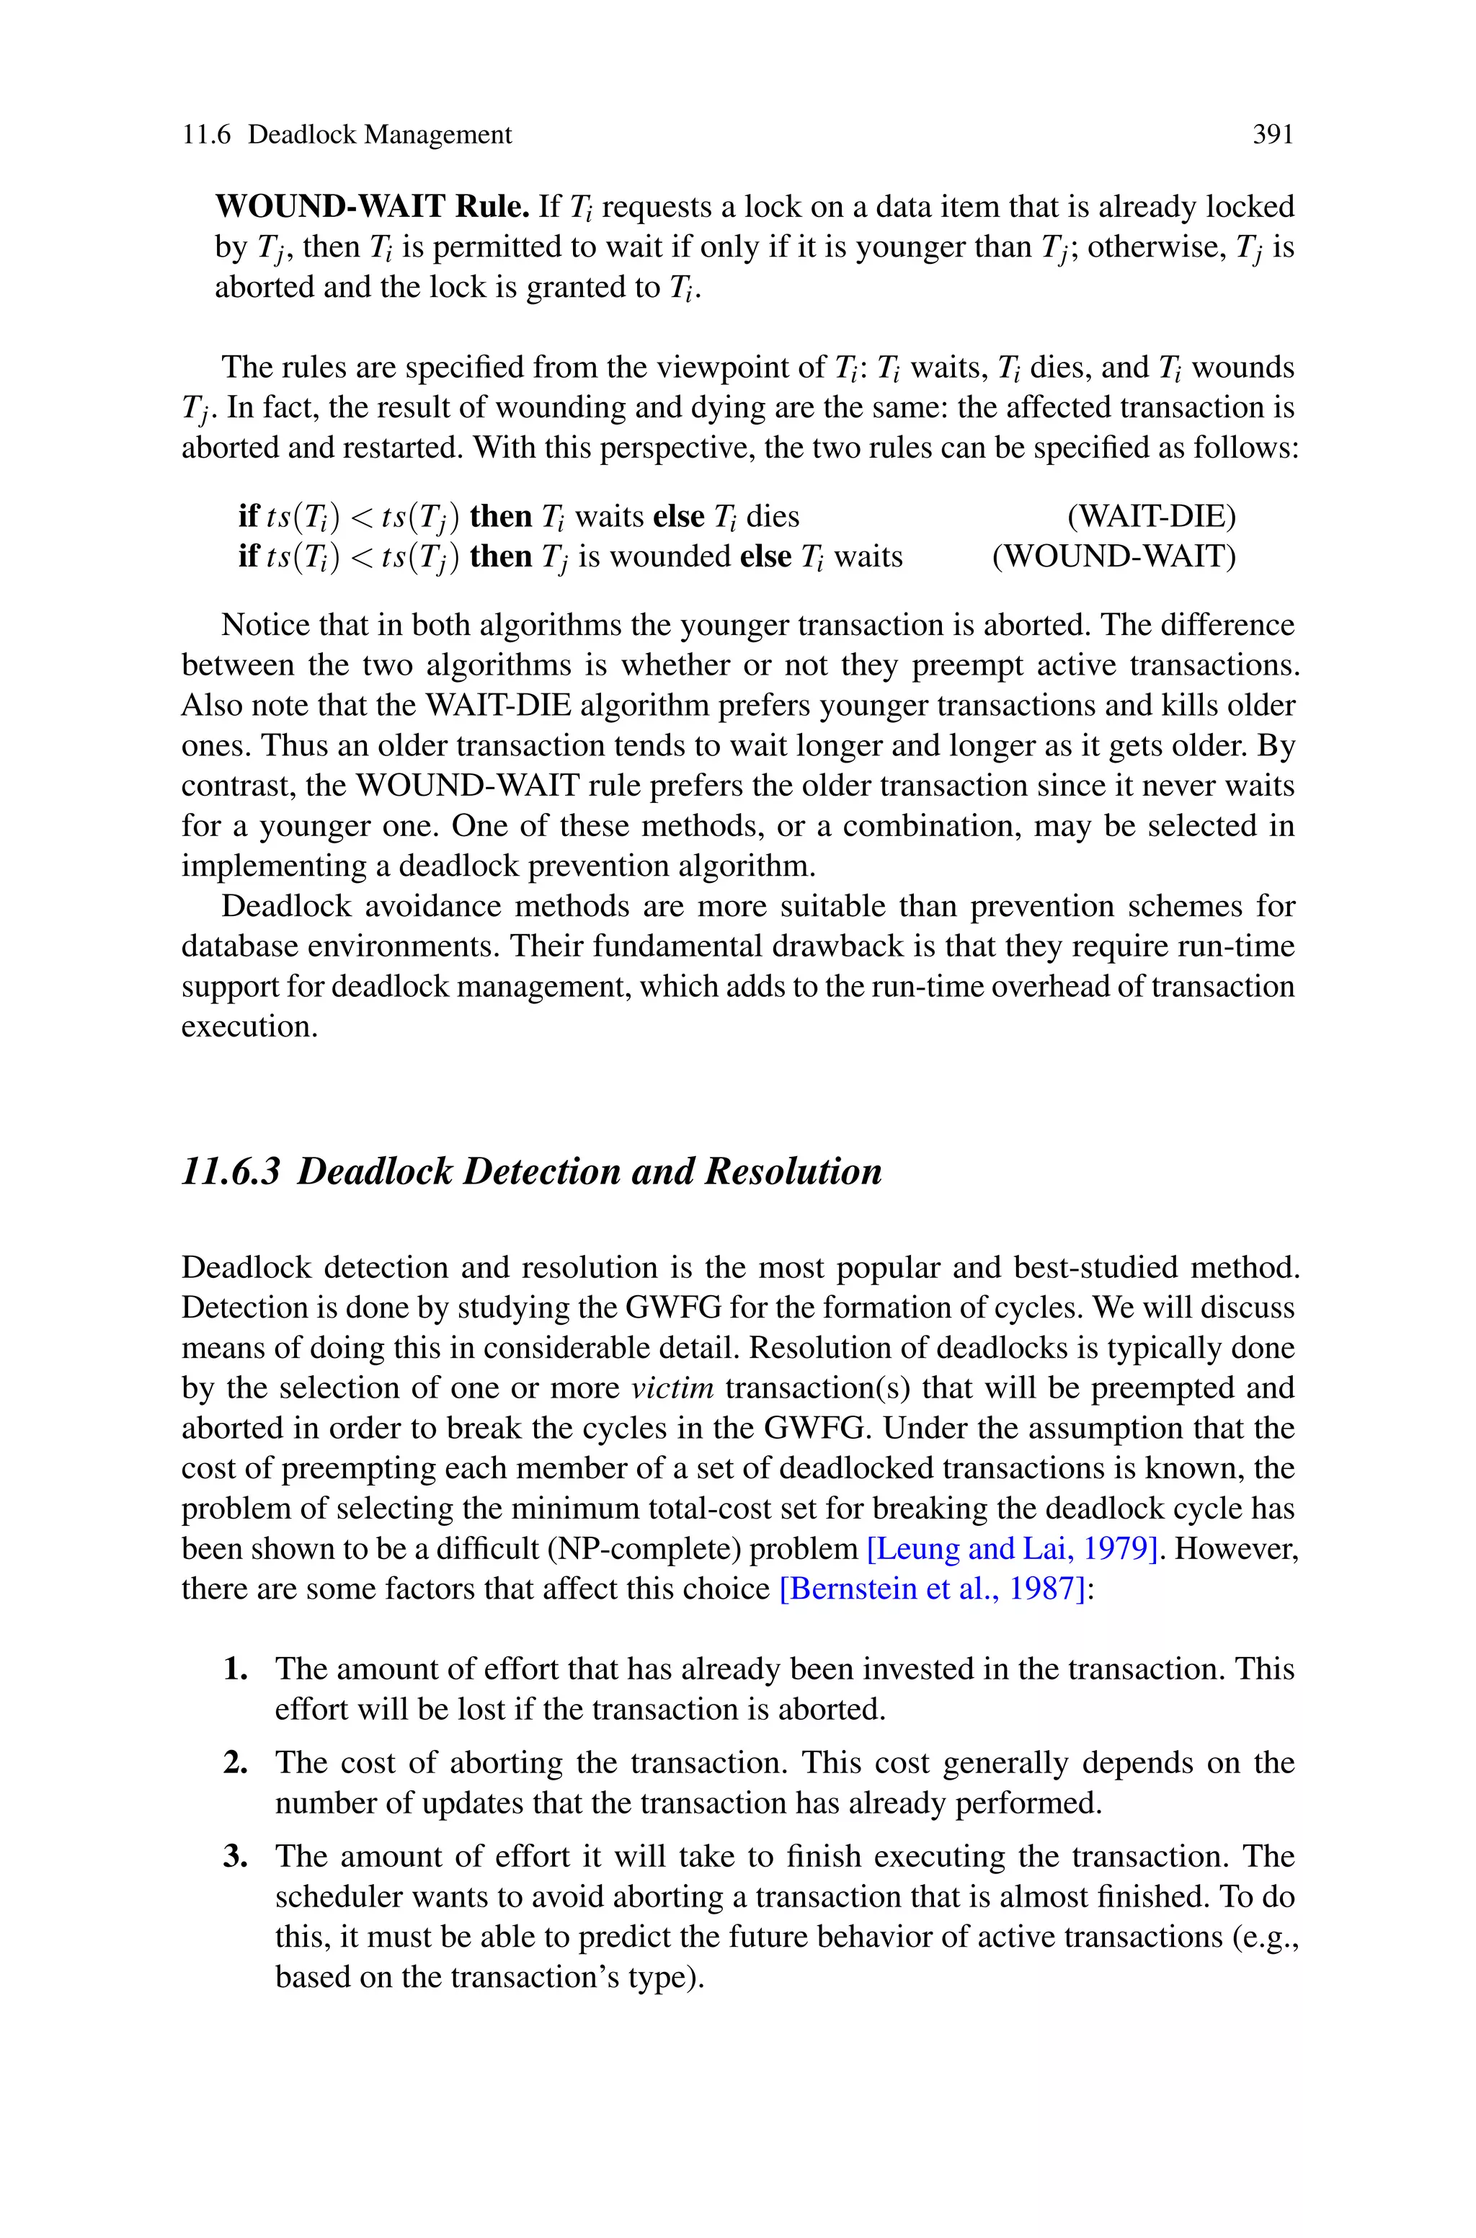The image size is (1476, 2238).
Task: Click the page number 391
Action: tap(1273, 135)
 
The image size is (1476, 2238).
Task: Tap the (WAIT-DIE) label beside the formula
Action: tap(1151, 516)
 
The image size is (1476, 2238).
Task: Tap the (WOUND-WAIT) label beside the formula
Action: tap(1113, 556)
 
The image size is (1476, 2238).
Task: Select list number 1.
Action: tap(236, 1669)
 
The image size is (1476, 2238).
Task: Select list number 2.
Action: tap(236, 1763)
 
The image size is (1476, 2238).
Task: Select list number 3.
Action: tap(236, 1857)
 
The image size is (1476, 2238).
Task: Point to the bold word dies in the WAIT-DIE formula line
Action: tap(772, 516)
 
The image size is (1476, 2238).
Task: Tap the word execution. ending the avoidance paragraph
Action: tap(249, 1026)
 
